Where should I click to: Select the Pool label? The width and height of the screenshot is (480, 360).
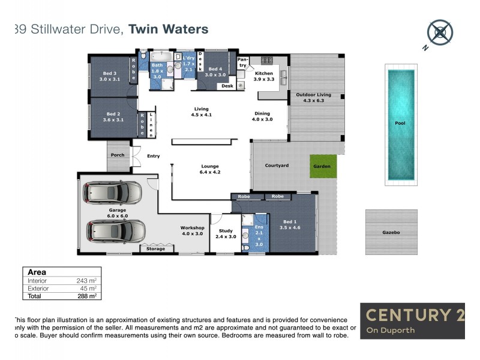pyautogui.click(x=400, y=122)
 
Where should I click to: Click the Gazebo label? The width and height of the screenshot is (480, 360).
pyautogui.click(x=391, y=232)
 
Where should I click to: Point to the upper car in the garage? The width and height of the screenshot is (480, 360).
pyautogui.click(x=113, y=194)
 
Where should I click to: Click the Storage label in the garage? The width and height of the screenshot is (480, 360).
pyautogui.click(x=155, y=249)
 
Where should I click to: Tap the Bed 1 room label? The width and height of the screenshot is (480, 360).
pyautogui.click(x=288, y=224)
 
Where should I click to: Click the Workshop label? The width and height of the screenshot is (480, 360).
pyautogui.click(x=193, y=228)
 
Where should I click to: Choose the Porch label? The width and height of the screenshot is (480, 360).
pyautogui.click(x=118, y=155)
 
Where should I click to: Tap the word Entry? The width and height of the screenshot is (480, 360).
pyautogui.click(x=154, y=156)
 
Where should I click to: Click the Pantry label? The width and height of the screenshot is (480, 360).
pyautogui.click(x=242, y=62)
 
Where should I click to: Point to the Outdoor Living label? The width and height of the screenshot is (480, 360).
pyautogui.click(x=313, y=95)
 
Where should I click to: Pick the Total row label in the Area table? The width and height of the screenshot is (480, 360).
pyautogui.click(x=35, y=296)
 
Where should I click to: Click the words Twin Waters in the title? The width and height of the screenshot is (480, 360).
pyautogui.click(x=169, y=29)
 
